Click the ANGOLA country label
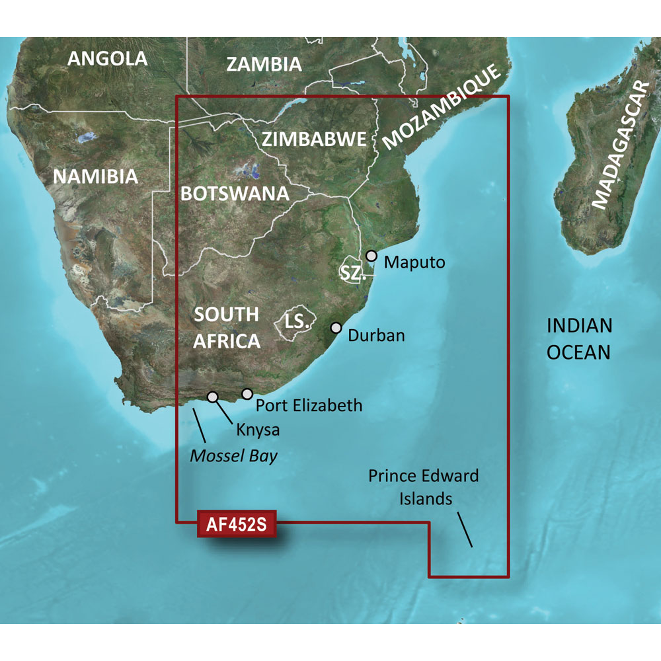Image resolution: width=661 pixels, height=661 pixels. (108, 59)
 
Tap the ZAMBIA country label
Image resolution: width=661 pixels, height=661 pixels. (264, 64)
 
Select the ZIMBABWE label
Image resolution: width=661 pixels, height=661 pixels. (314, 139)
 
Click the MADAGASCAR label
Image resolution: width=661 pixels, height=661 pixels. (620, 145)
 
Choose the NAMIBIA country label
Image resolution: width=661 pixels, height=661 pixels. (95, 176)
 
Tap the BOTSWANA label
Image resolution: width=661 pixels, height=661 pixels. (235, 194)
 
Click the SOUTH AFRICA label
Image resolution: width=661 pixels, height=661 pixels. (226, 328)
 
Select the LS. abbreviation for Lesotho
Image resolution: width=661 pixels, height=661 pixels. (297, 322)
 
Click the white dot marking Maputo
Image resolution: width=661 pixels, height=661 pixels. (371, 255)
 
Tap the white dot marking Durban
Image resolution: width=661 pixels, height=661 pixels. (336, 327)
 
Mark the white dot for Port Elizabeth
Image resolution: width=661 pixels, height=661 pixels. (247, 394)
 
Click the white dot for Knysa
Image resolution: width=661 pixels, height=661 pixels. (213, 397)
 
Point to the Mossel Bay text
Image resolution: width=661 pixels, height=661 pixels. (233, 455)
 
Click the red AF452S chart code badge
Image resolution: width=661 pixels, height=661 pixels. (236, 525)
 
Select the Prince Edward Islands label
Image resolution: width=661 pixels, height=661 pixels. (424, 486)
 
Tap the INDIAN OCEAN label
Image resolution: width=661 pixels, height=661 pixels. (579, 338)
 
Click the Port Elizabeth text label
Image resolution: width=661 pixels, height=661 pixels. (309, 405)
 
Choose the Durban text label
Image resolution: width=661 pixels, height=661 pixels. (375, 336)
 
